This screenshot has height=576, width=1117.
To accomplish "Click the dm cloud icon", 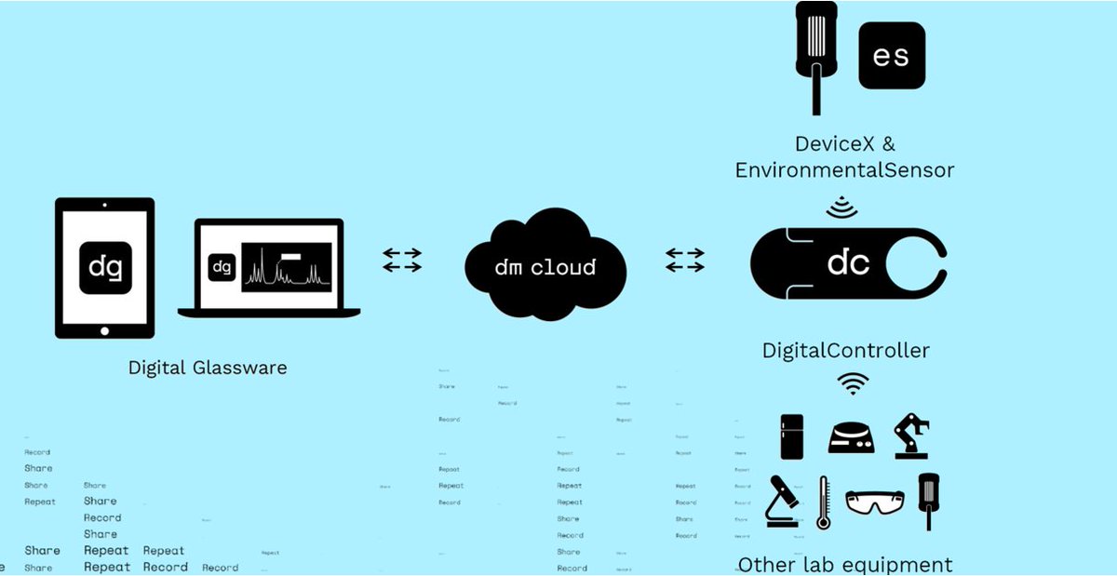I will coord(545,267).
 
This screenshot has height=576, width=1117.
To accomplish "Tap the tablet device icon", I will coord(104,268).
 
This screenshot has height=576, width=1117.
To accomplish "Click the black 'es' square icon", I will coord(891,56).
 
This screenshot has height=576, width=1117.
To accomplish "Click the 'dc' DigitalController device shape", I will coord(848,263).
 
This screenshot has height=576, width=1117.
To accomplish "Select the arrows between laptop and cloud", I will coord(402,260).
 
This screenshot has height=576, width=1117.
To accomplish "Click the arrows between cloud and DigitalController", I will coord(684,260).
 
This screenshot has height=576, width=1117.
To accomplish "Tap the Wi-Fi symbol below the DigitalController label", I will coord(853,382).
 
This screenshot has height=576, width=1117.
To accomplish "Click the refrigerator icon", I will coord(791,435).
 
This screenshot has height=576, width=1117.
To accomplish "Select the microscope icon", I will coord(783,502).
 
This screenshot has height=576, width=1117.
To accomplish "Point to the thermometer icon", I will coord(823,503).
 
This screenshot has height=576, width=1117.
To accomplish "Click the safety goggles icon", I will coord(874,502).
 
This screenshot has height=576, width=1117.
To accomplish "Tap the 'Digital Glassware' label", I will coord(208,368).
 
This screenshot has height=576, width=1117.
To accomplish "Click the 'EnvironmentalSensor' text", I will coord(844,170).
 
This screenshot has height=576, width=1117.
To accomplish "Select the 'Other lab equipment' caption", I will coord(845,564).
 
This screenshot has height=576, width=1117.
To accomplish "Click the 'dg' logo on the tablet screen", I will coord(104,267).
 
